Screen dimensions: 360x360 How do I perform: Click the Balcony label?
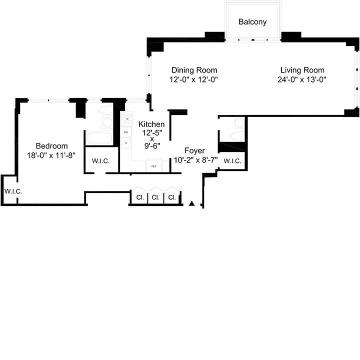pos(252,22)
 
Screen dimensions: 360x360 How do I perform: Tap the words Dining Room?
pos(194,70)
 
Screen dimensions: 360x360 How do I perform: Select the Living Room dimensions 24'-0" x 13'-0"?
pos(302,79)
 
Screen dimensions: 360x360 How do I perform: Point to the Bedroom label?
pos(51,146)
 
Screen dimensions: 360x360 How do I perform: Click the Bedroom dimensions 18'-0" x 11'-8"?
pos(51,155)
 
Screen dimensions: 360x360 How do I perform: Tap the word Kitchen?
pos(151,124)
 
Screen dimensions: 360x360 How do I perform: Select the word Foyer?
pos(194,150)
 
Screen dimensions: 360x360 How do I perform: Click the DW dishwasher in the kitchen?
pos(126,132)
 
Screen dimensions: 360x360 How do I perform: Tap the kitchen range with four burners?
pos(126,119)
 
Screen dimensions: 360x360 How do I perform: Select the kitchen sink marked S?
pos(126,143)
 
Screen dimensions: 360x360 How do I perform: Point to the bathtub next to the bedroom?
pos(100,137)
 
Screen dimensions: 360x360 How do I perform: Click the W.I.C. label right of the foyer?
pos(232,161)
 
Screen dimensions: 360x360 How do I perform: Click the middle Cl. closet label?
pos(155,197)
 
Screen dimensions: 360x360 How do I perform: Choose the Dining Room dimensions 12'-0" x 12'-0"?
pos(194,79)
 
